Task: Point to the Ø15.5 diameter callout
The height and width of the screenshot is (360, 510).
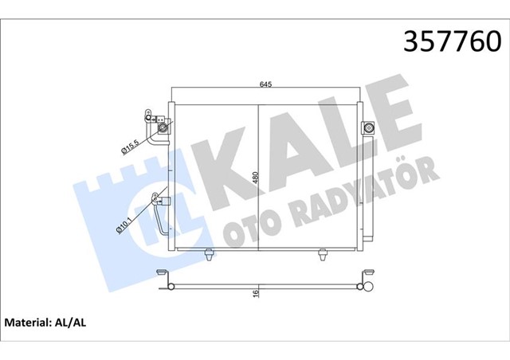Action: pos(131,145)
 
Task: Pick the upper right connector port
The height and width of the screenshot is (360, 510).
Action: pos(369,127)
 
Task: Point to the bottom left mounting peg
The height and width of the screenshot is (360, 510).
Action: pos(209,255)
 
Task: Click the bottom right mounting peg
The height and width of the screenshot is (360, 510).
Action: pos(323,255)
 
